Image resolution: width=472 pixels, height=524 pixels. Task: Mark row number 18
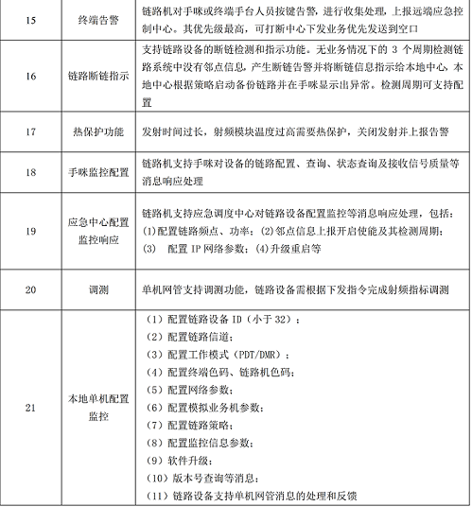coord(29,173)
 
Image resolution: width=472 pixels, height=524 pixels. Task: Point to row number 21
coord(29,408)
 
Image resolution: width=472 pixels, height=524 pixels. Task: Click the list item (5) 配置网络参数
coord(193,388)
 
